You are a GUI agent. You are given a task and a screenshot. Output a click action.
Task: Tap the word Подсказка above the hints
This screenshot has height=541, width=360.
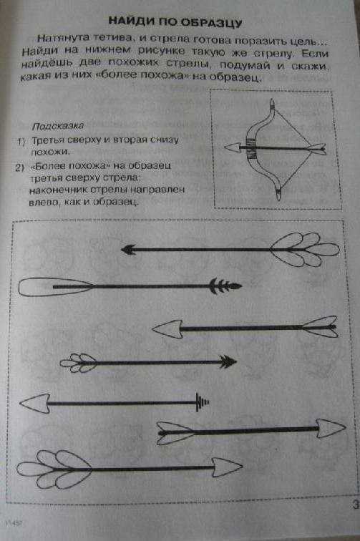[x=58, y=126]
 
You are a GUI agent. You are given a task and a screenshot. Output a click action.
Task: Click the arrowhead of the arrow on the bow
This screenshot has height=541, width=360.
[x=233, y=147]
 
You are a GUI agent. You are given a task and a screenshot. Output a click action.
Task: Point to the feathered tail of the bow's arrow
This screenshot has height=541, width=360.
[x=316, y=149]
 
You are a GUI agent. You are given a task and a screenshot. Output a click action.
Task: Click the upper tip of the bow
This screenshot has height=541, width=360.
[x=273, y=103]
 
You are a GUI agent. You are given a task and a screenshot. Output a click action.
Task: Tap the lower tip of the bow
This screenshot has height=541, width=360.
[x=279, y=195]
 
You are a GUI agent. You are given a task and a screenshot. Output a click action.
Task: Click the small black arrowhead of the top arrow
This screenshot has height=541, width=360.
[x=128, y=250]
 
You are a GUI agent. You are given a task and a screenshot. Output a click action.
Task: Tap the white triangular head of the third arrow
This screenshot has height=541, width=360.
[x=167, y=328]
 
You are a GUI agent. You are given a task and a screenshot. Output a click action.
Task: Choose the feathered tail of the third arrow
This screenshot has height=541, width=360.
[x=320, y=326]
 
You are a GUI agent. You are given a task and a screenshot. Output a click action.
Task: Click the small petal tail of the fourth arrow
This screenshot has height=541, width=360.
[x=78, y=363]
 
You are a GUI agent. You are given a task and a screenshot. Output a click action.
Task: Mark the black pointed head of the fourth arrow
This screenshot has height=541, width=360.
[x=228, y=362]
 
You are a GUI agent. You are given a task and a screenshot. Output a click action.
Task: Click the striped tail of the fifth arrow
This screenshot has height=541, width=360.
[x=203, y=402]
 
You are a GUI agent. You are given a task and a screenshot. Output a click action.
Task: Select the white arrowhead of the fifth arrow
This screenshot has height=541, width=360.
[x=35, y=404]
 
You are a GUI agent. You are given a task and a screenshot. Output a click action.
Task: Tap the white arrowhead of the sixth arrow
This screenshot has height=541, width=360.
[x=331, y=428]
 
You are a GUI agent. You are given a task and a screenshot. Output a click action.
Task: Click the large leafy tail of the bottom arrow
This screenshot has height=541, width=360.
[x=54, y=469]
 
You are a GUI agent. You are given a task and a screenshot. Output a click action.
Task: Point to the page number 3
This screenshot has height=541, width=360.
[x=356, y=504]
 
